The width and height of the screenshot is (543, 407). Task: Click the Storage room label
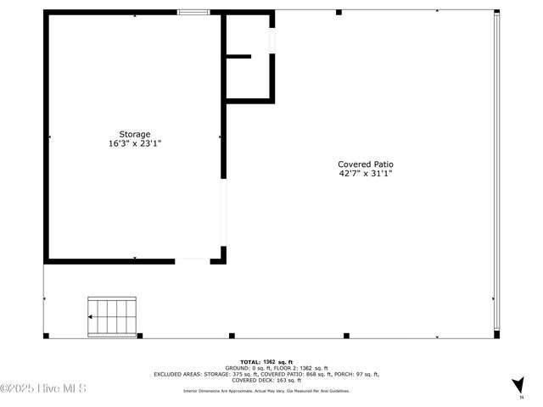coord(134,134)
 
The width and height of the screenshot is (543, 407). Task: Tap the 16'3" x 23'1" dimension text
coord(134,143)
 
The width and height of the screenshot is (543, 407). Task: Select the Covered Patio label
coord(365,164)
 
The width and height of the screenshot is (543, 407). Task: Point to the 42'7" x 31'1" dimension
coord(365,174)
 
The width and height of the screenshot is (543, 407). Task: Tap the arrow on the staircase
coord(92,315)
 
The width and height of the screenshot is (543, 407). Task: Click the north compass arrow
coord(519,386)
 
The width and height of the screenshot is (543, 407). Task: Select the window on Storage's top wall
coord(193,13)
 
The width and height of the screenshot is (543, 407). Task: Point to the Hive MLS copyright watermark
coord(44,389)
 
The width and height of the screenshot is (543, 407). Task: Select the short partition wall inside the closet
coord(238,56)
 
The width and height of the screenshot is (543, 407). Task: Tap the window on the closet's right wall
coord(272,39)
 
